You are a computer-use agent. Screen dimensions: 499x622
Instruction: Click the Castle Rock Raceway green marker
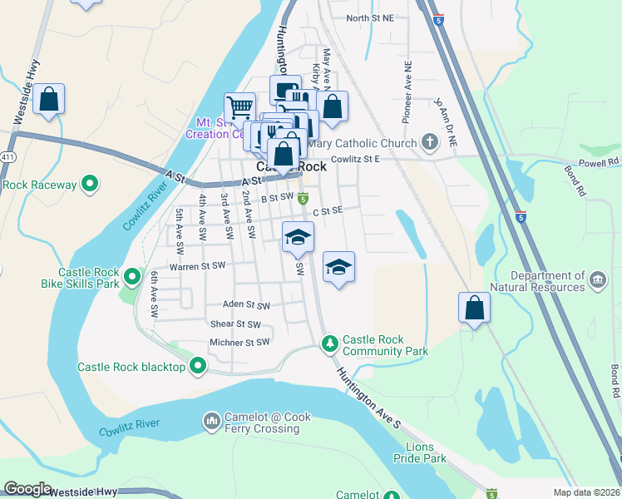[91, 184]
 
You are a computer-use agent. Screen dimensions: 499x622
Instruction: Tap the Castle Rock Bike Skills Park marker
[131, 275]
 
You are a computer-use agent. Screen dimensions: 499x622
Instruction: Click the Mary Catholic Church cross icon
[429, 141]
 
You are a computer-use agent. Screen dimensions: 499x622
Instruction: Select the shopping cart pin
[239, 106]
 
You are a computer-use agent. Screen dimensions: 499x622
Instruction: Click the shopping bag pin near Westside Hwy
[50, 99]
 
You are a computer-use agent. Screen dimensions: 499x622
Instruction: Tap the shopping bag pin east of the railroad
[473, 308]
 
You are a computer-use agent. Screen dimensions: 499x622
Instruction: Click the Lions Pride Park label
[420, 452]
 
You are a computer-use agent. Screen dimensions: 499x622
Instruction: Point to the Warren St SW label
[198, 267]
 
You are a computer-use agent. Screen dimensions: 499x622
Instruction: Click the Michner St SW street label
[239, 342]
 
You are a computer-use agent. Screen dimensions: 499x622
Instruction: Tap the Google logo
[28, 489]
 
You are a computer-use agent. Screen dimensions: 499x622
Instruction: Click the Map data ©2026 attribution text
[586, 492]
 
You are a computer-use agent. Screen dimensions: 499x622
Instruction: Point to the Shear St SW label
[235, 324]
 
